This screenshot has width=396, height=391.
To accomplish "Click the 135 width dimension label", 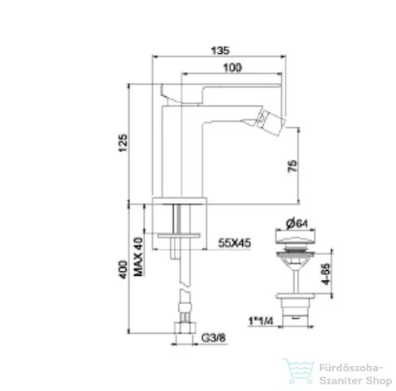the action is (x=220, y=51).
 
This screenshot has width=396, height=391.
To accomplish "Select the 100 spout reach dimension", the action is (x=232, y=68).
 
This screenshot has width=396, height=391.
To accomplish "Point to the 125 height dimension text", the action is (x=123, y=142).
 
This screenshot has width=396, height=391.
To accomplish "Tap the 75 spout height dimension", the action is (x=292, y=166).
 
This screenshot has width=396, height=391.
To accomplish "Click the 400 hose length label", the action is (x=123, y=269).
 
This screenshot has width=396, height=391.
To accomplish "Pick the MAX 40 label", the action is (x=139, y=257).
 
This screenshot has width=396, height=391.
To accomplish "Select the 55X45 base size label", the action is (x=234, y=243).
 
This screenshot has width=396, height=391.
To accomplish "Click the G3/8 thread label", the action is (x=214, y=337).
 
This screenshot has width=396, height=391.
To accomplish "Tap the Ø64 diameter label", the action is (x=297, y=223).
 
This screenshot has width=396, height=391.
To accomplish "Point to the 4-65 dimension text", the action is (x=326, y=274).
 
